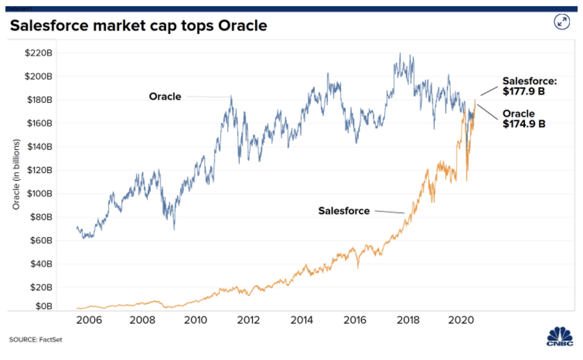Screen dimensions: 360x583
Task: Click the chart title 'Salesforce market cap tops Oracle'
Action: [138, 26]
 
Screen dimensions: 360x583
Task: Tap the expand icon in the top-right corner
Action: [562, 22]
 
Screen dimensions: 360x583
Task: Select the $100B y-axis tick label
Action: [40, 193]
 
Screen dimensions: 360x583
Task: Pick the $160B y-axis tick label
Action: [40, 123]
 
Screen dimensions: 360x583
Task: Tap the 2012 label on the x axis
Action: [249, 319]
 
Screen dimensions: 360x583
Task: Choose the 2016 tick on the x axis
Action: [355, 319]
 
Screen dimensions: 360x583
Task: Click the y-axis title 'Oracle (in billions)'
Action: [16, 175]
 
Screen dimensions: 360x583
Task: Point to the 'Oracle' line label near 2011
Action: [165, 96]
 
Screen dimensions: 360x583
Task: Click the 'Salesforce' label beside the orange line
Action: [344, 211]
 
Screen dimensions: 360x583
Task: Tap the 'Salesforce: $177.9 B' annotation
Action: [530, 86]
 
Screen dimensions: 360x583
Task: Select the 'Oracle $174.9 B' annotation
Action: [524, 118]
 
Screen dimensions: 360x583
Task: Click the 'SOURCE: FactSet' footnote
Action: [36, 340]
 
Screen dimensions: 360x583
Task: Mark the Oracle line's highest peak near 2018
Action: [400, 54]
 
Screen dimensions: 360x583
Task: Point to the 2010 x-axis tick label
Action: [196, 319]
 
